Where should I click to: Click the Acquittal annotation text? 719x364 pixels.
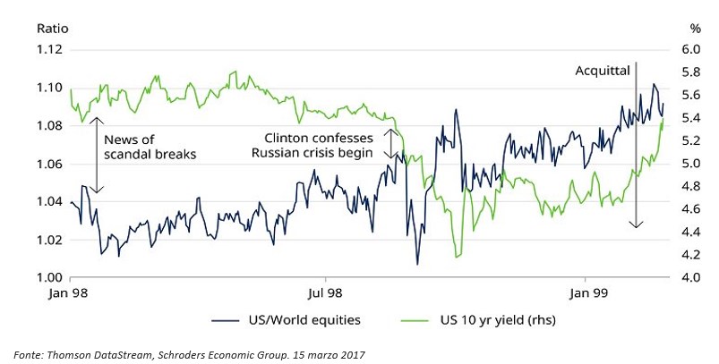[x=603, y=69]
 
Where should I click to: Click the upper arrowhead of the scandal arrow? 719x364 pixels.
[x=98, y=117]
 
